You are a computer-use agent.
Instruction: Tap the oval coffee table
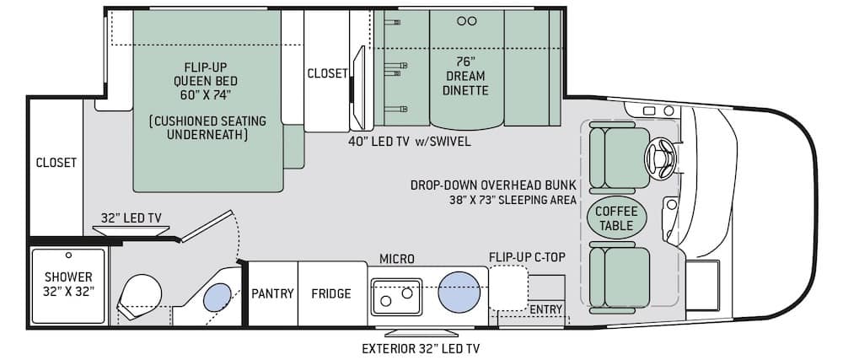tap(616, 218)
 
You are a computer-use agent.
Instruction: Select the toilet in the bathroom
tap(139, 297)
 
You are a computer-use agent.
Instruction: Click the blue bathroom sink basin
tap(217, 297)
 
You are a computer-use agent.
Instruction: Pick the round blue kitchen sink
tap(459, 292)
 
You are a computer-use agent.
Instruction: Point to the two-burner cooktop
tap(396, 297)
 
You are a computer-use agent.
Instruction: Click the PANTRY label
tap(272, 294)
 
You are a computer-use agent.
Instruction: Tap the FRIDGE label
tap(331, 294)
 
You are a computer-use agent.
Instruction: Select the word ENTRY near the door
tap(545, 309)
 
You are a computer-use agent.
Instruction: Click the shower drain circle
tap(68, 255)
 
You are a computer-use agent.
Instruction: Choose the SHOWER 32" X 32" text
tap(69, 285)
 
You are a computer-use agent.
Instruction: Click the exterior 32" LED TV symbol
tap(413, 331)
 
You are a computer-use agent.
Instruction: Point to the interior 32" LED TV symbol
tap(132, 230)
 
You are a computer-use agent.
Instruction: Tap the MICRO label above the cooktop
tap(397, 259)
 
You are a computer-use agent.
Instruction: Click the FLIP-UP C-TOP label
tap(527, 256)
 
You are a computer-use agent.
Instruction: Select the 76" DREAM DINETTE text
tap(465, 76)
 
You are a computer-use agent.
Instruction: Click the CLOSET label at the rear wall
tap(56, 162)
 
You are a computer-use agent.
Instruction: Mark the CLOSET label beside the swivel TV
tap(327, 73)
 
